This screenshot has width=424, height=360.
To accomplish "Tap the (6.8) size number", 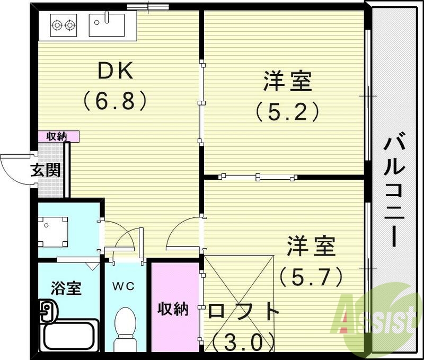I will pos(114,101).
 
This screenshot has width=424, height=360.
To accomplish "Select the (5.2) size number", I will pos(287,111).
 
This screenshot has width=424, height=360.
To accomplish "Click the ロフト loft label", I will pos(243,311).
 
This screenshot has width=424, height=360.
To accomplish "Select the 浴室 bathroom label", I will pos(66,289).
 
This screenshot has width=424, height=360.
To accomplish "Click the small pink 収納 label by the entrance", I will pos(58,136).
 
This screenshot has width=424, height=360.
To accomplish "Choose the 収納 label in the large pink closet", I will pos(174,309).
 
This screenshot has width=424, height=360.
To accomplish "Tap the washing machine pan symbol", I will pos(52,231).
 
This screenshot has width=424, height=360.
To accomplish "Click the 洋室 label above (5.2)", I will pos(287,82).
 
